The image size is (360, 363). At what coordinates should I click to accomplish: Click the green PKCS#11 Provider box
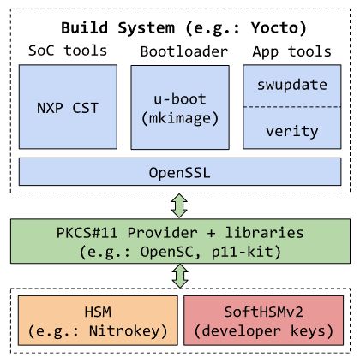click(180, 241)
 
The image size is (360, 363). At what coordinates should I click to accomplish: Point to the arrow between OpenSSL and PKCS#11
click(179, 205)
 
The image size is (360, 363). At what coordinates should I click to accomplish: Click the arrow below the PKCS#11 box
click(179, 277)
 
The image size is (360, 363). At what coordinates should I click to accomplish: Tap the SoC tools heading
click(68, 50)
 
